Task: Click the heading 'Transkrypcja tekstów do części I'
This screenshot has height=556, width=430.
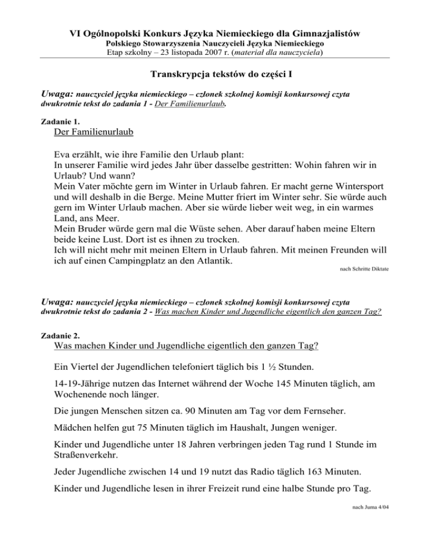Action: click(215, 74)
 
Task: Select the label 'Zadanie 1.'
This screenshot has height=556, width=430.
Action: click(61, 121)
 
